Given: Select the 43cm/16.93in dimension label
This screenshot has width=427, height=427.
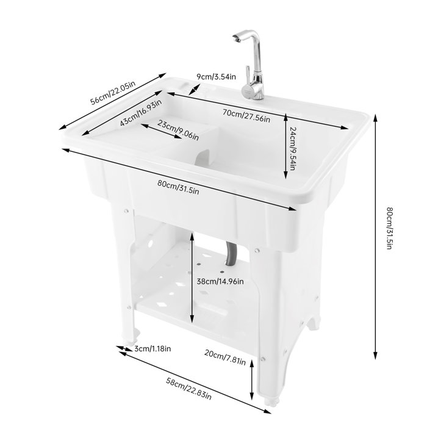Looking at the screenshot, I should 141,113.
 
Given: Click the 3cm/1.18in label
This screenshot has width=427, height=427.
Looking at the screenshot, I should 152,349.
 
